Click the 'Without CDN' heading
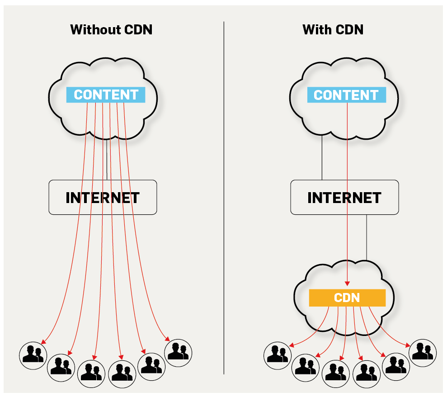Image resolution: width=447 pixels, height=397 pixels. point(111,30)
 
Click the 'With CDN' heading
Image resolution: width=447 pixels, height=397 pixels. point(333,30)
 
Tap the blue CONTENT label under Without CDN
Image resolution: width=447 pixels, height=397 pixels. point(106,95)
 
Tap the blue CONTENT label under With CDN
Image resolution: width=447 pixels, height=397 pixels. point(346,95)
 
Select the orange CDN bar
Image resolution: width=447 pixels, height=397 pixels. point(347,298)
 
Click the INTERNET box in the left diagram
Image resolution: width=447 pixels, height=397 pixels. point(103,198)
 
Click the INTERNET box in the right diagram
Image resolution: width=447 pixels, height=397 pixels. point(344,198)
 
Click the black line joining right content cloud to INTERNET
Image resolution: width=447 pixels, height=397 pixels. point(322,158)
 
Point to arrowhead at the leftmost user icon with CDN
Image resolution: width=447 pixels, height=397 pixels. point(290,346)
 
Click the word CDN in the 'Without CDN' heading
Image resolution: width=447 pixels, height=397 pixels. point(139,30)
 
